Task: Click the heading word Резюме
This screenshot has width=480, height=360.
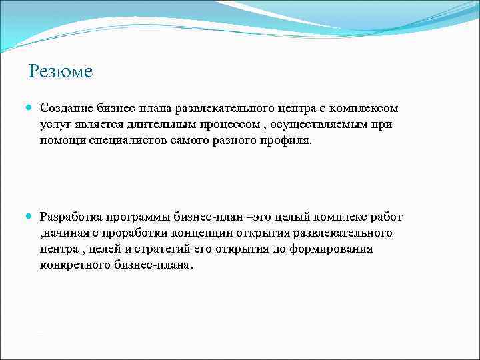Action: (61, 71)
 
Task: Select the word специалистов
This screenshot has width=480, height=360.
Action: (126, 140)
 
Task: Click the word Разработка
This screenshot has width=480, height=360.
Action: (71, 217)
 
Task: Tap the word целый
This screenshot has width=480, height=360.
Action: (297, 217)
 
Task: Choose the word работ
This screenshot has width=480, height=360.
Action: (388, 217)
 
